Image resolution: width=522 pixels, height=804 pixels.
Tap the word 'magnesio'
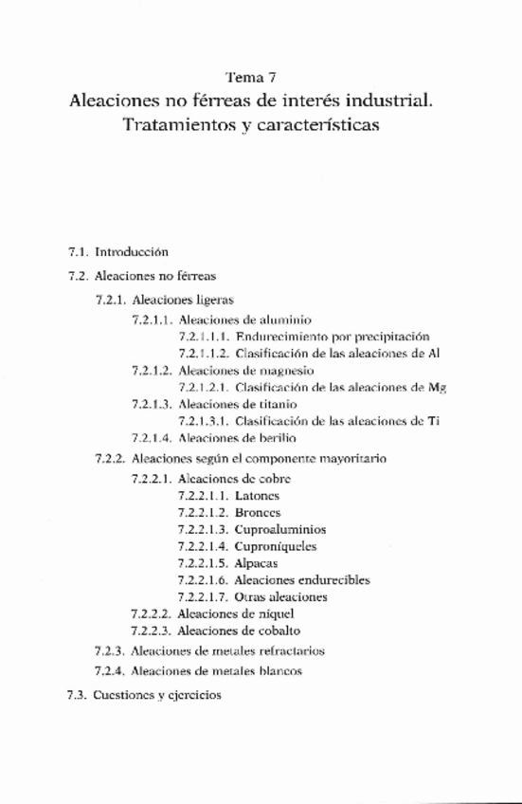[286, 370]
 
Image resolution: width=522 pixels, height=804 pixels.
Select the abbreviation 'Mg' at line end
[437, 387]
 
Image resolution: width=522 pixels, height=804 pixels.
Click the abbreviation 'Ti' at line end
[433, 421]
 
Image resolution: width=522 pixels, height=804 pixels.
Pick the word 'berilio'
[277, 438]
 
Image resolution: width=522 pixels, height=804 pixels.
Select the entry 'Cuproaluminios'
[276, 529]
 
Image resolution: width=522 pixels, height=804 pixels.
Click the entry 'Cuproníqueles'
[275, 546]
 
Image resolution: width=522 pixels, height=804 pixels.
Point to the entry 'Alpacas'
[255, 563]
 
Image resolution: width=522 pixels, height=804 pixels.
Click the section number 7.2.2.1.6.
[202, 580]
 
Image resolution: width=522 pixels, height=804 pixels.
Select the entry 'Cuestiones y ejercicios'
[157, 694]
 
